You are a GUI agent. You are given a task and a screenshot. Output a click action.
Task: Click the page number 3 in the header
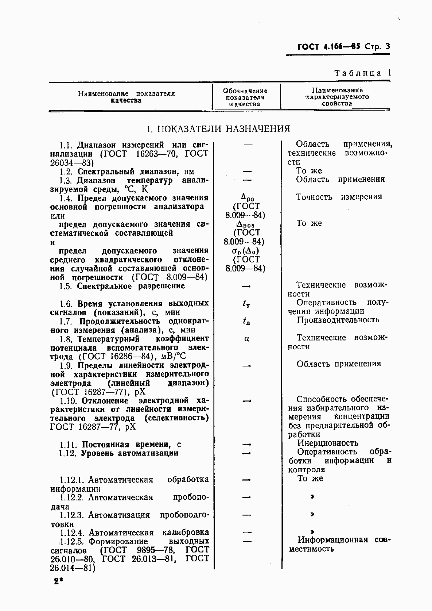(x=387, y=46)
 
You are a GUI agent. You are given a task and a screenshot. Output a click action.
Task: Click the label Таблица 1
(x=362, y=73)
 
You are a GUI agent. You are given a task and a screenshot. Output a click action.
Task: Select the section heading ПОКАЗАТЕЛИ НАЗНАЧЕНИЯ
(x=223, y=129)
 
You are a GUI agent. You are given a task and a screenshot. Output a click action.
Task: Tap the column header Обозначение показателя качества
(x=245, y=97)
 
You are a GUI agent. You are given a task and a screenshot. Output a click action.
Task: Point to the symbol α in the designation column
(x=246, y=339)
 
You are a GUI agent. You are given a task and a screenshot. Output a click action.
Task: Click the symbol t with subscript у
(x=246, y=303)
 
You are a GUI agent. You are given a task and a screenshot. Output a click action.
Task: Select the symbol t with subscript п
(x=246, y=321)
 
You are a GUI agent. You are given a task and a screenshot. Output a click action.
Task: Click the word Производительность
(x=338, y=320)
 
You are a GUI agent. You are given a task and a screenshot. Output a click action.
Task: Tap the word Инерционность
(x=328, y=443)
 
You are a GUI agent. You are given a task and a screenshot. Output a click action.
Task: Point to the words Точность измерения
(x=339, y=197)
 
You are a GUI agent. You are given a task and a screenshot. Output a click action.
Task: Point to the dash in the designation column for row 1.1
(x=248, y=145)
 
